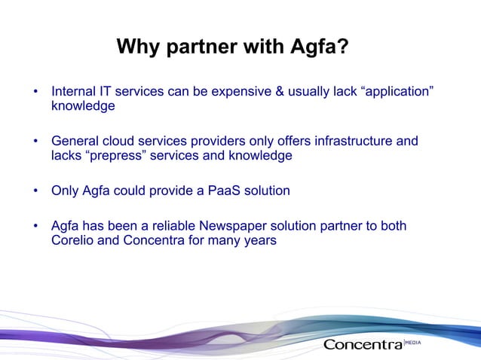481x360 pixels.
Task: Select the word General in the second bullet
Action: point(75,142)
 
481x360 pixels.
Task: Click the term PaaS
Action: point(219,191)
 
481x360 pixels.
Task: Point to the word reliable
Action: point(170,226)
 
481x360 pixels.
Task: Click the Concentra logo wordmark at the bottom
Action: point(363,345)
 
